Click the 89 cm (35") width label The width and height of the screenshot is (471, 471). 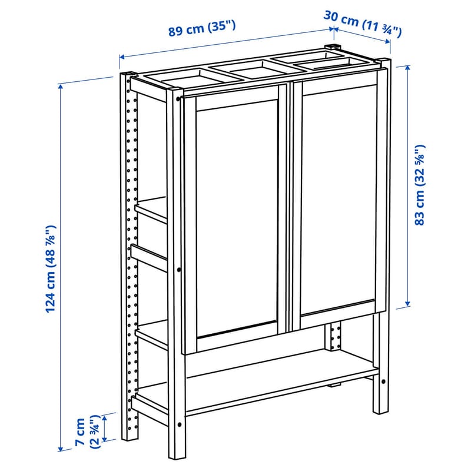click(x=202, y=28)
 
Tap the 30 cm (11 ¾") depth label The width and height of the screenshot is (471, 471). click(x=362, y=24)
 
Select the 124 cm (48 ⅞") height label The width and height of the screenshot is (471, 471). click(x=51, y=269)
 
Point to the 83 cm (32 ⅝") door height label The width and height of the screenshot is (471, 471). click(x=420, y=185)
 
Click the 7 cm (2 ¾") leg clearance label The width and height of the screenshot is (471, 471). click(x=87, y=432)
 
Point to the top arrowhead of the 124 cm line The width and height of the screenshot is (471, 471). click(x=61, y=87)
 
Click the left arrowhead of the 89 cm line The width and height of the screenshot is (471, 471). click(x=122, y=57)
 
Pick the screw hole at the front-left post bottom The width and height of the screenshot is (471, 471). click(x=180, y=424)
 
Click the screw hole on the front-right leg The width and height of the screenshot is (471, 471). click(x=383, y=382)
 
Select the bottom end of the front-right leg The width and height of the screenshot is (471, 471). click(x=380, y=413)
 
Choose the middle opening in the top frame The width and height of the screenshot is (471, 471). click(x=255, y=69)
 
